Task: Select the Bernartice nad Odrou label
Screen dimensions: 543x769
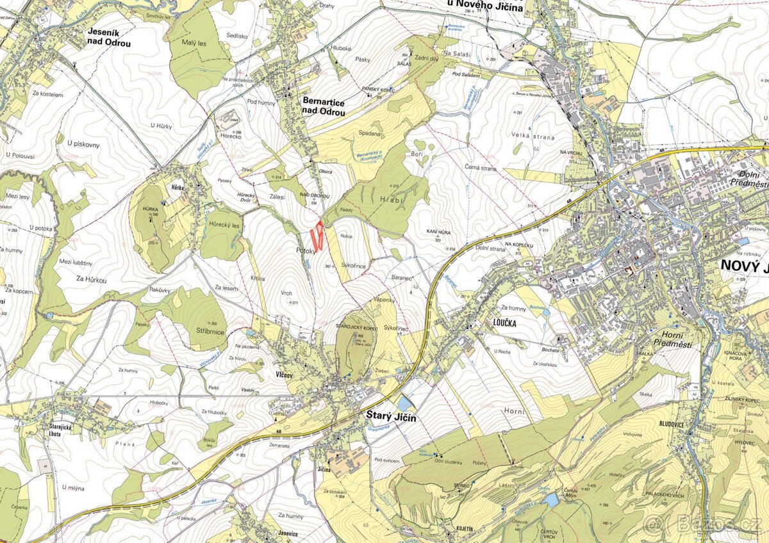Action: click(324, 108)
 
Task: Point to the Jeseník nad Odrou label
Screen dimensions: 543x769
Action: click(109, 38)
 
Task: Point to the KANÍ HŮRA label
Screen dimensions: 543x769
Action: click(434, 231)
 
